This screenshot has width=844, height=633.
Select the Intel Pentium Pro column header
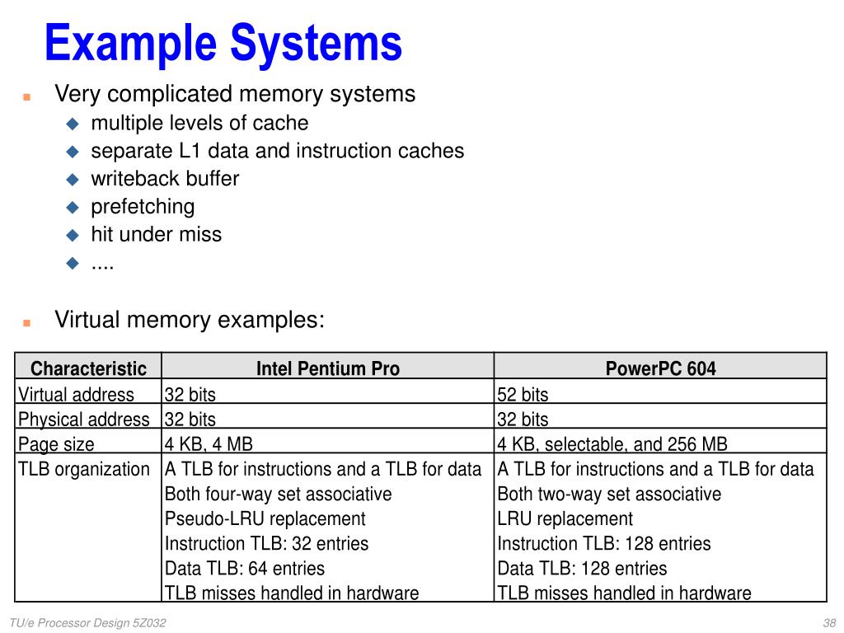[x=328, y=368]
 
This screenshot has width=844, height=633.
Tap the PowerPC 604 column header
[x=660, y=368]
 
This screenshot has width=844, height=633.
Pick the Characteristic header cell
[x=88, y=368]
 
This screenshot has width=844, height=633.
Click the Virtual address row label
[x=76, y=395]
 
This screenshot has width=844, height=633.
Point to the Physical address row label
[x=84, y=420]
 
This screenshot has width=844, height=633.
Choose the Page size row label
[x=56, y=444]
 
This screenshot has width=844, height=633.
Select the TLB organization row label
[x=84, y=469]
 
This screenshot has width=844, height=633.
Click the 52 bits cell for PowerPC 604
[x=523, y=395]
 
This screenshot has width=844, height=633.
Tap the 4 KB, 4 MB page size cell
[x=209, y=444]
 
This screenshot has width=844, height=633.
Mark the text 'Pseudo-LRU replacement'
[x=265, y=518]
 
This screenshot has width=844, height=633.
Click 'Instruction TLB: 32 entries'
[x=266, y=543]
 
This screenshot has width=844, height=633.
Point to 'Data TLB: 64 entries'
[x=245, y=568]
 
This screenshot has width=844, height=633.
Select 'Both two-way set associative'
[x=609, y=494]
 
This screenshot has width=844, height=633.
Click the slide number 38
[x=829, y=623]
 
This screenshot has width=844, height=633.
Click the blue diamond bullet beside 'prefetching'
[x=73, y=207]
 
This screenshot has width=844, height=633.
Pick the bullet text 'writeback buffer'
[x=165, y=179]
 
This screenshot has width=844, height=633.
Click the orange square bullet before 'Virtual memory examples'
[x=26, y=321]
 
